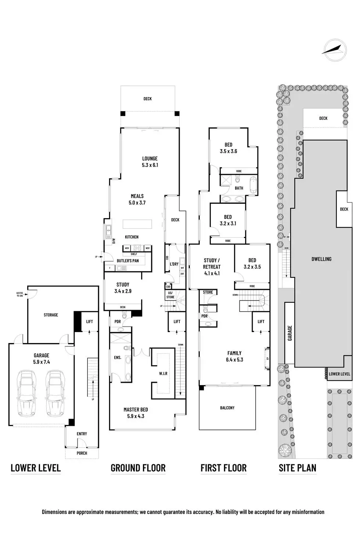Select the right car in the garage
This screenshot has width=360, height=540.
pos(54,393)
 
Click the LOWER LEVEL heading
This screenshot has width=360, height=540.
pos(36,468)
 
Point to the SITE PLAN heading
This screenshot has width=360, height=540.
pos(297,468)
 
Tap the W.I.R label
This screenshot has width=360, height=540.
pos(163,374)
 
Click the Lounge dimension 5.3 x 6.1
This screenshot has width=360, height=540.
pos(150,165)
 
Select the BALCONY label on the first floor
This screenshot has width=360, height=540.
pos(227,408)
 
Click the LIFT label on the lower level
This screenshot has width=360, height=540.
pos(89,322)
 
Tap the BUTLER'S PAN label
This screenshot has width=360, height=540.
pos(127,261)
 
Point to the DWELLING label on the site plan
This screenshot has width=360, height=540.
pos(321,259)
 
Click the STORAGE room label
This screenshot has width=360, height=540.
pos(51,315)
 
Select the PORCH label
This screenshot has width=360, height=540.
pos(82,453)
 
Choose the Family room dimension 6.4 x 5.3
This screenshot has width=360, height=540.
pos(234,360)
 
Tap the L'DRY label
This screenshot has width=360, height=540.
pos(174,264)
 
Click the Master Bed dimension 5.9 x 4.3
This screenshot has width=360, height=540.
pos(136,417)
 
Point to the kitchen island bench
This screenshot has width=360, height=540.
pos(137,224)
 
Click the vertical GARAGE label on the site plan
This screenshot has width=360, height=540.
pos(290,333)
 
